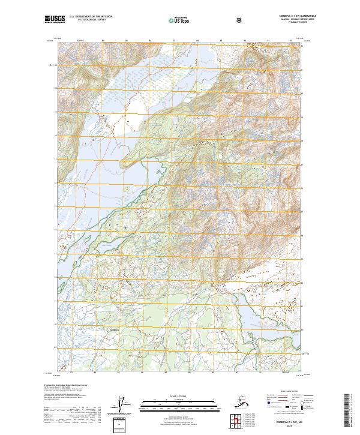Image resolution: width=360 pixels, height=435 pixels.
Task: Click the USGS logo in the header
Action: tap(55, 19)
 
